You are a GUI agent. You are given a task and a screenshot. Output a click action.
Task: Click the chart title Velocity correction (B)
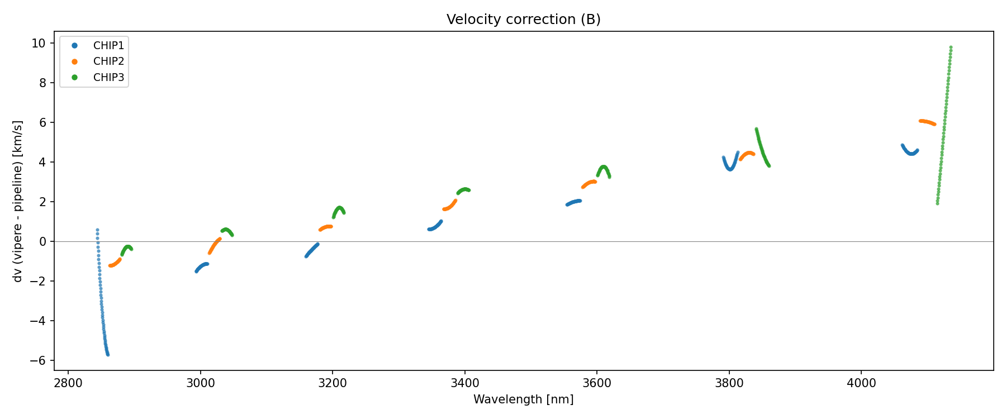click(x=523, y=20)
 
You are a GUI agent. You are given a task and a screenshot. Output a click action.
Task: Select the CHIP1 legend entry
click(x=108, y=46)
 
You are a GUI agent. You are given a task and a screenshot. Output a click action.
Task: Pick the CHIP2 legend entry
click(x=108, y=61)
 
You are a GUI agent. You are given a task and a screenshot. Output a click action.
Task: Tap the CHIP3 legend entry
click(x=108, y=78)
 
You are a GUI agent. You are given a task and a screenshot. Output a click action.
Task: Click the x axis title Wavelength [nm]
click(x=523, y=399)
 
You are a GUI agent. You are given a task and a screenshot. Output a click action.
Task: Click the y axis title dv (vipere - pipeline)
click(x=18, y=201)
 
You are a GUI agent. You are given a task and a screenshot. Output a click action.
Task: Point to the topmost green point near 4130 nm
click(x=951, y=47)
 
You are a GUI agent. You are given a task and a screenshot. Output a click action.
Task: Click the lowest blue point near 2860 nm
click(x=108, y=355)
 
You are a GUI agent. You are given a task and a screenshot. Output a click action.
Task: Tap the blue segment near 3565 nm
click(x=573, y=202)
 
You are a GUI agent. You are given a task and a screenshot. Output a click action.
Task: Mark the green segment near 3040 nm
click(x=226, y=230)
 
